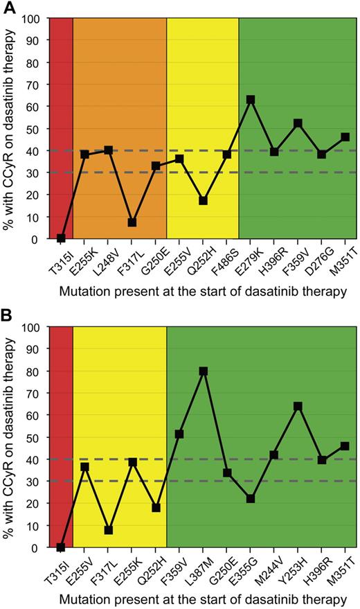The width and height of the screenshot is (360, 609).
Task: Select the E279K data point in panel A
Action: pyautogui.click(x=251, y=100)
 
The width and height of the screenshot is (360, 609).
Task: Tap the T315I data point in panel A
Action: pyautogui.click(x=61, y=238)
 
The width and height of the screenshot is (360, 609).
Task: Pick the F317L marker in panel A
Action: pyautogui.click(x=132, y=222)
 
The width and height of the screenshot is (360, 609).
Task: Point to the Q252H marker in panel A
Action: pyautogui.click(x=203, y=200)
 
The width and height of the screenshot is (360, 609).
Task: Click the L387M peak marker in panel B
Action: pyautogui.click(x=204, y=371)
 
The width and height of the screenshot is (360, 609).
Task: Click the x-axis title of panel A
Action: pyautogui.click(x=203, y=292)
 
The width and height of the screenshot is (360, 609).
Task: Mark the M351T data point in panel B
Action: pyautogui.click(x=345, y=445)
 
